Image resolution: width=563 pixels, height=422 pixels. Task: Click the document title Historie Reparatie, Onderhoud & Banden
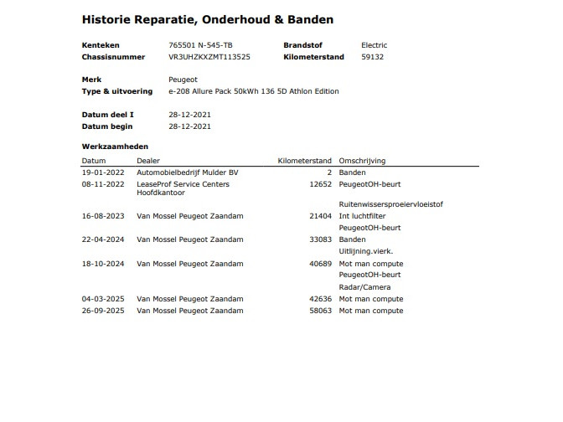tap(207, 19)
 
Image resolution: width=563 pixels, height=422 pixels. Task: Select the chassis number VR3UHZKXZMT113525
tap(209, 57)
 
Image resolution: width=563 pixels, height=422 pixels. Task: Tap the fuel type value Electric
tap(374, 45)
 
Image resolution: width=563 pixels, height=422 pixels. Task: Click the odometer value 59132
tap(372, 57)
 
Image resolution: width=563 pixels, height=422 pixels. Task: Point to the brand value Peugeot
tap(183, 79)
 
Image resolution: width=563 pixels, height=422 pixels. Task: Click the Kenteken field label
tap(101, 45)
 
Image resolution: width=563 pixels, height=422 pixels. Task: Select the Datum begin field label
tap(107, 126)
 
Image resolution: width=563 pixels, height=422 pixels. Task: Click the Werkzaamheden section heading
tap(115, 147)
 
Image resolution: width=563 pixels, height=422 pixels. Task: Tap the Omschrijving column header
tap(362, 161)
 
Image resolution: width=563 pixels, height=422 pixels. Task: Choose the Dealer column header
tap(148, 161)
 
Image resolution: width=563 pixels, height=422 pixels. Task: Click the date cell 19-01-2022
tap(102, 172)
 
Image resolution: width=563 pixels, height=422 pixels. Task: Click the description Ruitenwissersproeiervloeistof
tap(390, 203)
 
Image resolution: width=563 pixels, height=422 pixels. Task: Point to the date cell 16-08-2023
tap(102, 216)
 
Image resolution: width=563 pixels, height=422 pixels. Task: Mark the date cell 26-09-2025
tap(102, 311)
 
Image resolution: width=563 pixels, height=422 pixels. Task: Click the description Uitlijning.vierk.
tap(365, 250)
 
